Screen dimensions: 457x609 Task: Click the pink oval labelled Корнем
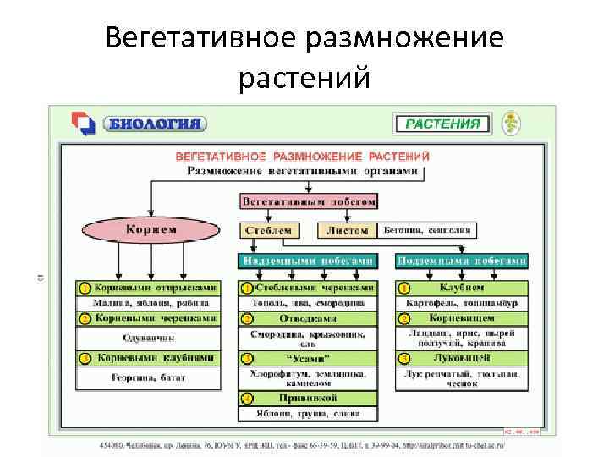pyautogui.click(x=151, y=230)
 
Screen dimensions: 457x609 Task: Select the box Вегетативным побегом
pyautogui.click(x=308, y=202)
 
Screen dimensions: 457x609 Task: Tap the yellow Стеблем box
pyautogui.click(x=268, y=230)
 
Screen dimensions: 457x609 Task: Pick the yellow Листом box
pyautogui.click(x=347, y=230)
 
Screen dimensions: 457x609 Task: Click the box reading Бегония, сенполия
pyautogui.click(x=427, y=230)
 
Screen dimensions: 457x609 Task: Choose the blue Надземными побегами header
pyautogui.click(x=307, y=261)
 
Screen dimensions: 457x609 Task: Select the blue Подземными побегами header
pyautogui.click(x=462, y=261)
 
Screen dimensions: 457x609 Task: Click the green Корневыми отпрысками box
pyautogui.click(x=154, y=288)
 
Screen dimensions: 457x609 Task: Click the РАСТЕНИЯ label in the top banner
pyautogui.click(x=442, y=123)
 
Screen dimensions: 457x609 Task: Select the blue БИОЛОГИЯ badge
pyautogui.click(x=154, y=124)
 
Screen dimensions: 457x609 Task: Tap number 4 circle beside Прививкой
pyautogui.click(x=246, y=398)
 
